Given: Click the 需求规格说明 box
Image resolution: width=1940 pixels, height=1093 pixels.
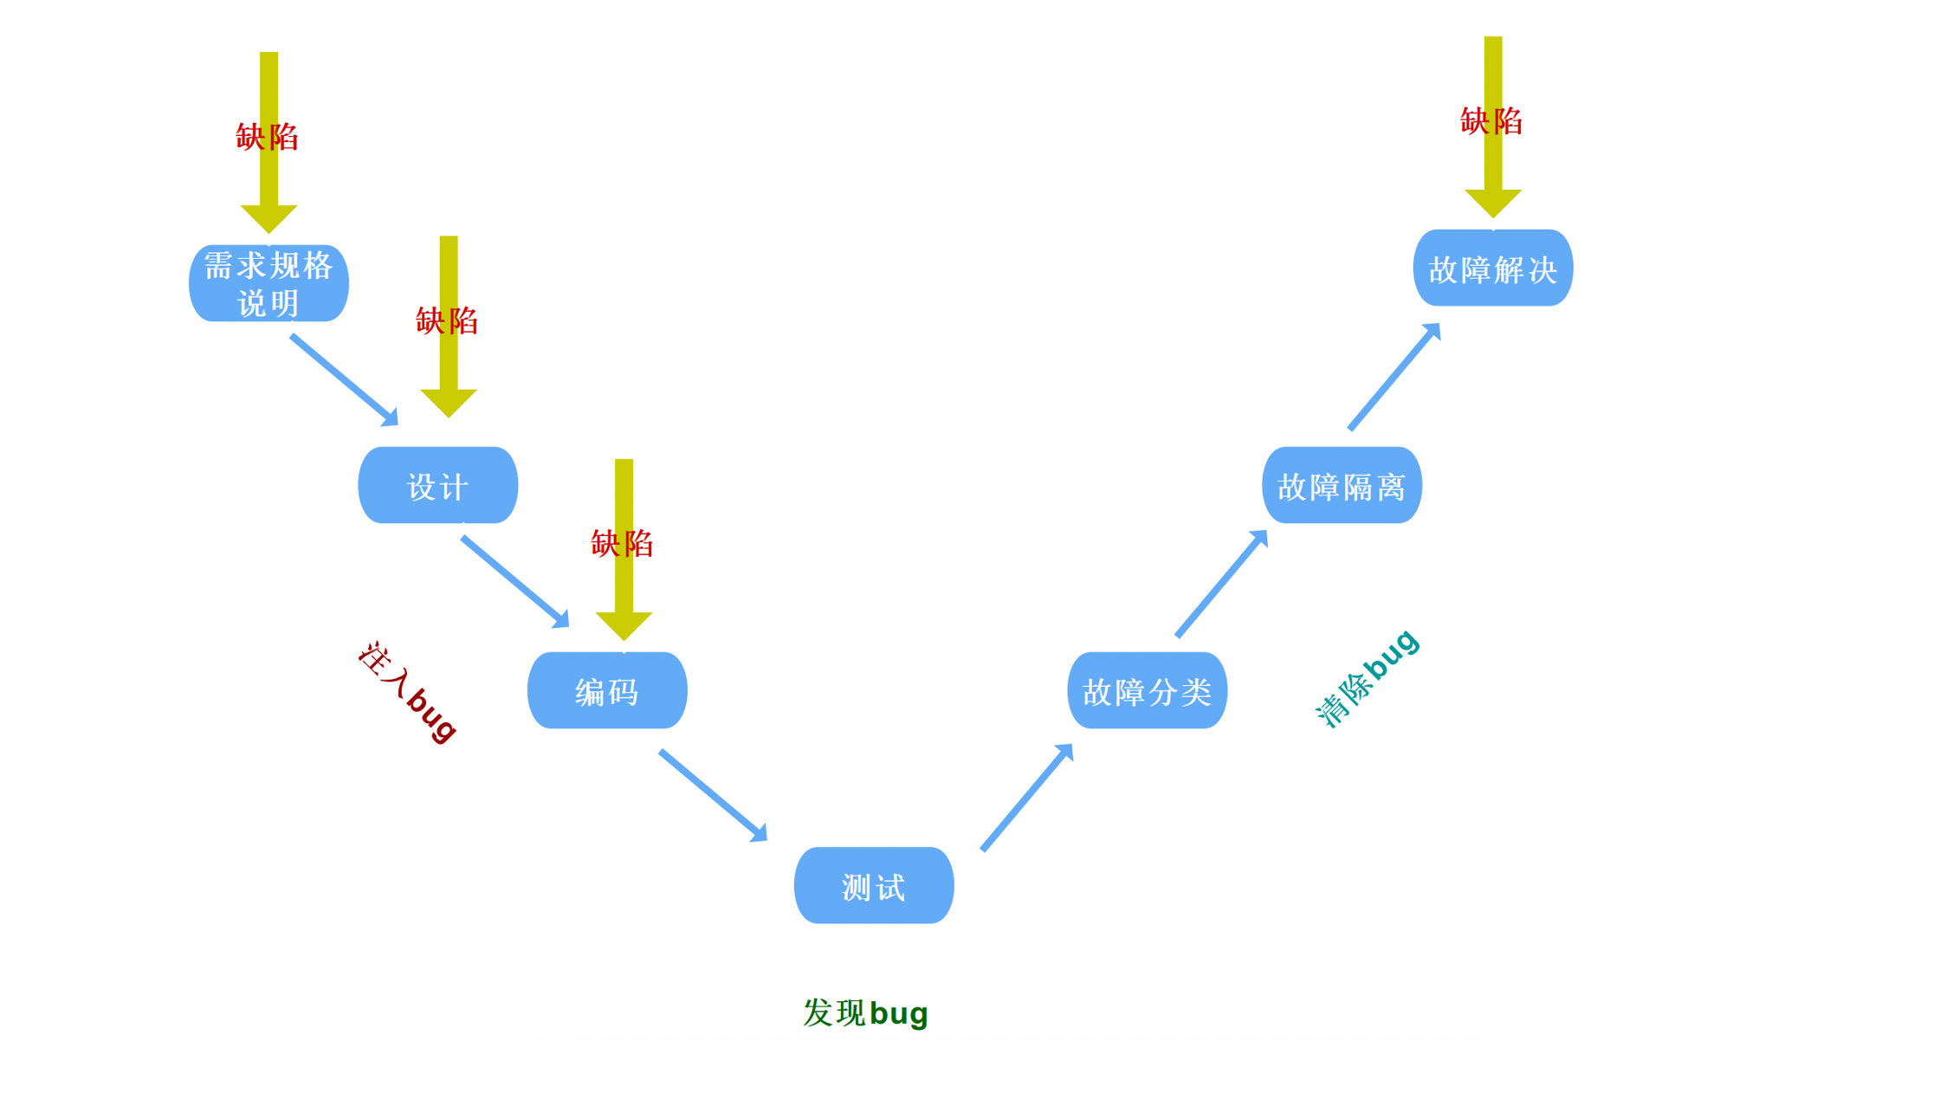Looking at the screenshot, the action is tap(268, 283).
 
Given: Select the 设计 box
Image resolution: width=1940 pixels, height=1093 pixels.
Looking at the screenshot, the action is tap(437, 486).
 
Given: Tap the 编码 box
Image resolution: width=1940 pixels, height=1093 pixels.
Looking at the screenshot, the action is tap(607, 690).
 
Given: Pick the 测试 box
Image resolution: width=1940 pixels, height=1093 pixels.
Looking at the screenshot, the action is tap(874, 886).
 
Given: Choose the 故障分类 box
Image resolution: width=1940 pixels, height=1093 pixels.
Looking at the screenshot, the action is tap(1147, 690).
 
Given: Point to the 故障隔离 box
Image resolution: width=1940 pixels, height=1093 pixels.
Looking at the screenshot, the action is tap(1342, 486).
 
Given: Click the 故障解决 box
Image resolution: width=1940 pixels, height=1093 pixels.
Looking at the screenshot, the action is tap(1492, 268).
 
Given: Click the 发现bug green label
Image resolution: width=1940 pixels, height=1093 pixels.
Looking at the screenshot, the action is tap(865, 1012).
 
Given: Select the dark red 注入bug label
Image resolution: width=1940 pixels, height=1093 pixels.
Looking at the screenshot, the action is tap(407, 692).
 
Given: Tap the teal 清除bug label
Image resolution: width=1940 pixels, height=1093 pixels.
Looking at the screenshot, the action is tap(1367, 680).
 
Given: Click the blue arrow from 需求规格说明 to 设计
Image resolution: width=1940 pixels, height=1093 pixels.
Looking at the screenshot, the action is tap(344, 379).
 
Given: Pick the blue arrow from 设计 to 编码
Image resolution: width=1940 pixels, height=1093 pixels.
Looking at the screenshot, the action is tap(515, 581).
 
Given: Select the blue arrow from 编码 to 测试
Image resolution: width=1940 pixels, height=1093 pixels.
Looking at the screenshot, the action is tap(713, 795).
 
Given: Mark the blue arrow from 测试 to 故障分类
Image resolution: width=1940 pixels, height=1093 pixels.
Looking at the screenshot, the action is tap(1027, 797).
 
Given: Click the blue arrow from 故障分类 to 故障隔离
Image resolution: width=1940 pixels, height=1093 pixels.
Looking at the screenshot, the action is tap(1221, 584).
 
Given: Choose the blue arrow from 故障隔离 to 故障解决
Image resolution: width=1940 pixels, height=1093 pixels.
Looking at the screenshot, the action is tap(1394, 377).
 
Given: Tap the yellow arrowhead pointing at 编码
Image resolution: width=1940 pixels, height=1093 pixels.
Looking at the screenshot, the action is tap(624, 625).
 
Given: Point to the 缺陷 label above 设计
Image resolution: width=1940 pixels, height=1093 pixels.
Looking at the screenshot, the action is tap(447, 321).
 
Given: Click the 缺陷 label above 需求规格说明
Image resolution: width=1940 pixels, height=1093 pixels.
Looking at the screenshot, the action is tap(268, 137).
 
